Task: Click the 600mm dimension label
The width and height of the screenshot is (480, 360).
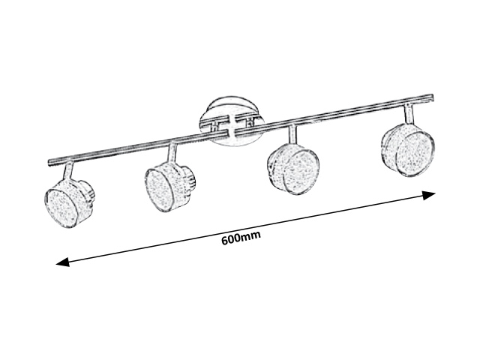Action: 241,238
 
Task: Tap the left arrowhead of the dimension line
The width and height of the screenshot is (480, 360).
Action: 63,262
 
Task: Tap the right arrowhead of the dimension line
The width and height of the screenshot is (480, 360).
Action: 428,195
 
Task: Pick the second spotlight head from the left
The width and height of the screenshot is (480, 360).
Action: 170,187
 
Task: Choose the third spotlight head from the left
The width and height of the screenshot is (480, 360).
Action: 293,169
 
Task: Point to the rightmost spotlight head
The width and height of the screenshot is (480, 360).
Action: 407,150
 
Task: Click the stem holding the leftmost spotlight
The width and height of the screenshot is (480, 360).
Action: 68,172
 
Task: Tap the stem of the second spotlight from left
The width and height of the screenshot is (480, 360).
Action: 172,153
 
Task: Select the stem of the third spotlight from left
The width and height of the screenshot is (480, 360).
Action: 292,133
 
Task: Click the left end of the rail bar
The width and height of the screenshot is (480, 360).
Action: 49,163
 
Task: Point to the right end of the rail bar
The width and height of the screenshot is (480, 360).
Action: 432,97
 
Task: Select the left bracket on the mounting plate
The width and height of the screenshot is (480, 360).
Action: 216,125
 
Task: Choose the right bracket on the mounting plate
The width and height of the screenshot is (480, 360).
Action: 251,121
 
